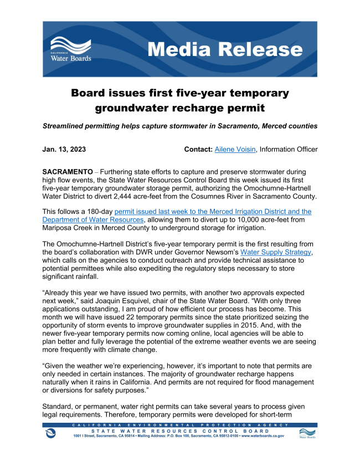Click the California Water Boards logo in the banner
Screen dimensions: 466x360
coord(71,49)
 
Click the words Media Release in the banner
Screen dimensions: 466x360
coord(225,49)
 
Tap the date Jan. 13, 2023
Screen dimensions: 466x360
coord(64,150)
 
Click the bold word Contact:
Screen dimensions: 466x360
coord(199,150)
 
